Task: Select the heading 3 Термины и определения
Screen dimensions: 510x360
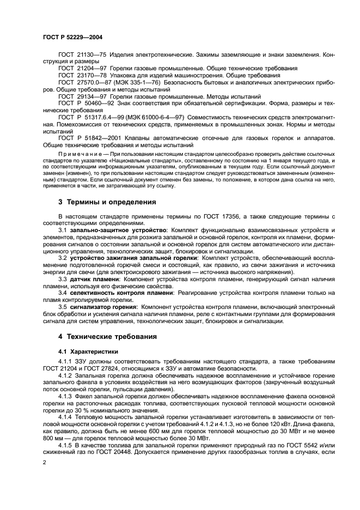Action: [107, 202]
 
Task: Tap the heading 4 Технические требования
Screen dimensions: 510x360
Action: [107, 336]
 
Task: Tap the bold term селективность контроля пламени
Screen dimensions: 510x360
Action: [121, 293]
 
